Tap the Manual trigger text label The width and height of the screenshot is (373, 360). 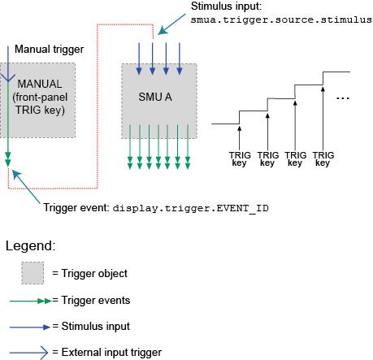(x=50, y=50)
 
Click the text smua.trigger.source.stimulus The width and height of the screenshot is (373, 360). (x=281, y=19)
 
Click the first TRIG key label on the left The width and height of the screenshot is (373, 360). (x=240, y=158)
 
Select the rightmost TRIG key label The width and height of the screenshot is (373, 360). (x=323, y=158)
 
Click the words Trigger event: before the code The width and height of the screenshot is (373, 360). (x=76, y=208)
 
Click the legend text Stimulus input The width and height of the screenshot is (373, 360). (x=97, y=327)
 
